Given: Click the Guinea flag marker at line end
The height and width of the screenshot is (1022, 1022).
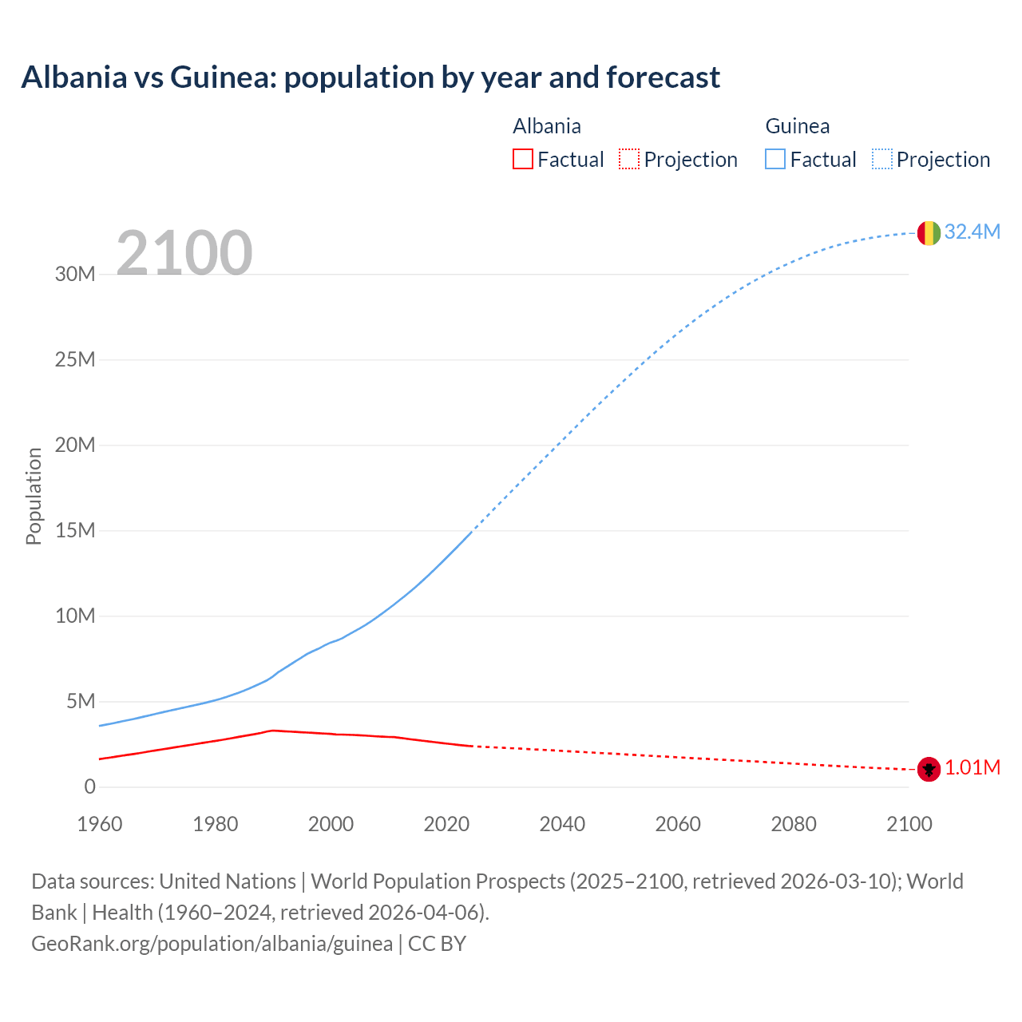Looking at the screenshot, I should [x=929, y=232].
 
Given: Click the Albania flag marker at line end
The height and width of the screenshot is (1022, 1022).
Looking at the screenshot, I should [x=929, y=769].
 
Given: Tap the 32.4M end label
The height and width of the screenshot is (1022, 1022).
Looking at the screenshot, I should [x=972, y=232].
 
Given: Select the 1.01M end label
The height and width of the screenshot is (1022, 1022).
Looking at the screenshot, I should [x=972, y=768].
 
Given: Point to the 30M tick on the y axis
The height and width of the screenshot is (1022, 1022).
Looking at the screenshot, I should [x=75, y=275].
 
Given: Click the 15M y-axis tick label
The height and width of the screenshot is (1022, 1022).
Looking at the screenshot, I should [x=75, y=531].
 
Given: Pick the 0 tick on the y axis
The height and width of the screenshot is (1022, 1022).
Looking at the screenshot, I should [x=89, y=787].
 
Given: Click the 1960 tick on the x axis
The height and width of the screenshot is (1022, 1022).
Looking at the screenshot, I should [x=100, y=824].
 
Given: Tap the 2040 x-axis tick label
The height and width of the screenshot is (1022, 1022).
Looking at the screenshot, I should [x=562, y=824].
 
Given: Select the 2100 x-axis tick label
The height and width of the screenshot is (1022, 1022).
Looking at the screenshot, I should [x=909, y=824].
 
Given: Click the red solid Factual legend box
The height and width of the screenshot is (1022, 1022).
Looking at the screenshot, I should [x=523, y=160].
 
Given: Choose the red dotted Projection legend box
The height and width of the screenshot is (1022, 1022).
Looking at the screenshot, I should [x=629, y=160].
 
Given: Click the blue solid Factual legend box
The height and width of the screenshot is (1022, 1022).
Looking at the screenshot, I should [x=775, y=160].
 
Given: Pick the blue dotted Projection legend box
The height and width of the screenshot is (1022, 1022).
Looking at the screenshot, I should [x=881, y=160].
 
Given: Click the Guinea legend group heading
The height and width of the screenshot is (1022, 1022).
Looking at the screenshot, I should [x=797, y=126].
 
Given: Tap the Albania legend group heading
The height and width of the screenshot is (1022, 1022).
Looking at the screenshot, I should [x=547, y=126].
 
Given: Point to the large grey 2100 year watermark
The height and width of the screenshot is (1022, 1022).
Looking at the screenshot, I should [x=184, y=253].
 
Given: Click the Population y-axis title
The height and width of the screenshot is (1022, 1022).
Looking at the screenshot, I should [x=34, y=496].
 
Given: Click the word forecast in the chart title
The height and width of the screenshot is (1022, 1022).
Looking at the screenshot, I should [x=663, y=77].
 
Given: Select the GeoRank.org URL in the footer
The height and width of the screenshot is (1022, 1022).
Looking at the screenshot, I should [x=212, y=944].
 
